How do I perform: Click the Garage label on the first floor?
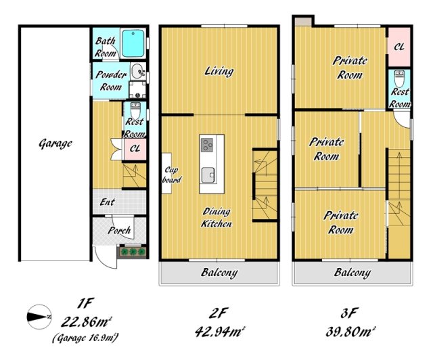tap(55, 143)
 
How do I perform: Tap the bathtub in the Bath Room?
tap(133, 43)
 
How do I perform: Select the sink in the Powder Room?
tap(137, 72)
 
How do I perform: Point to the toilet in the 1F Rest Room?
tap(135, 110)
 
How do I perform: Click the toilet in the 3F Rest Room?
tap(399, 78)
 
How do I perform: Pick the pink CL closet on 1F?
tap(135, 149)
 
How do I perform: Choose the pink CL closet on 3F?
tap(399, 47)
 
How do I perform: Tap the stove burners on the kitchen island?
tap(207, 145)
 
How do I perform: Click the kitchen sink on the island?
tap(208, 175)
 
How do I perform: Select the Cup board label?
tap(171, 175)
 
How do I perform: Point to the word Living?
tap(219, 71)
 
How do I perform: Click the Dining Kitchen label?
tap(216, 218)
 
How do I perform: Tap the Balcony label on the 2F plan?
tap(219, 273)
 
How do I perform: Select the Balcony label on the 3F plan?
tap(352, 273)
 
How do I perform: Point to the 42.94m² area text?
tap(220, 332)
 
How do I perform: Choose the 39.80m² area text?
tap(350, 332)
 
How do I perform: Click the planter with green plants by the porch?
tap(133, 252)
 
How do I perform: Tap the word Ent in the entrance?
tap(108, 202)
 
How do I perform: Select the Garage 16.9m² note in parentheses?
tap(86, 338)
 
